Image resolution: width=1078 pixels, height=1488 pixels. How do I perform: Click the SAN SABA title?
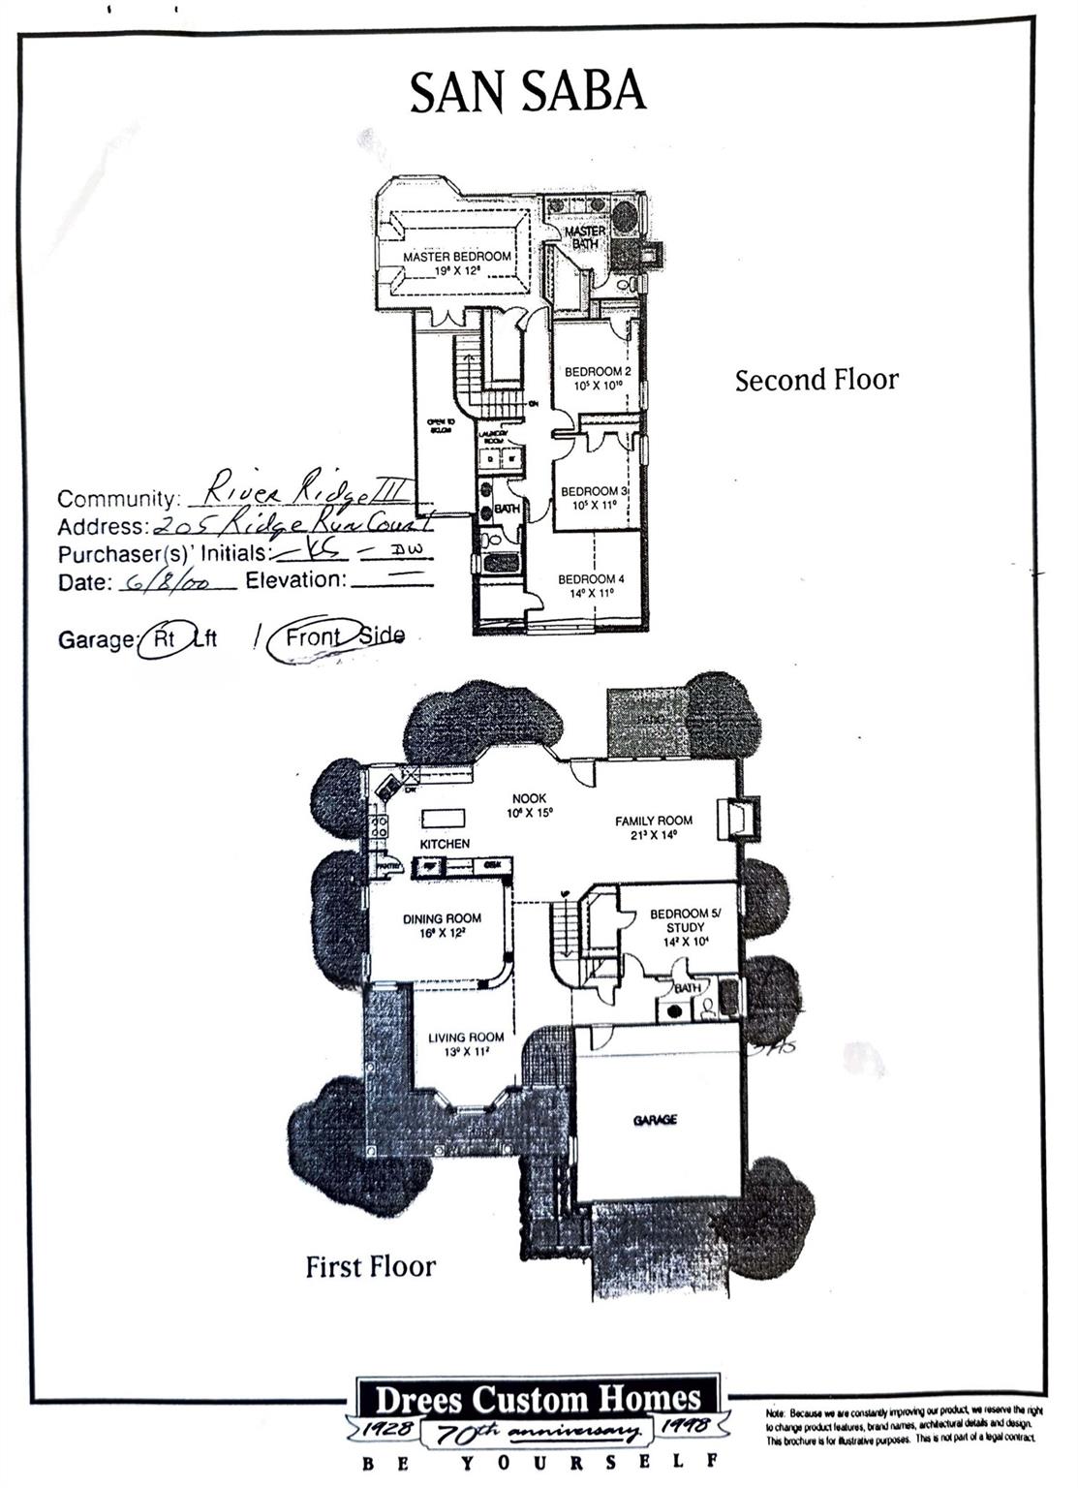(x=527, y=93)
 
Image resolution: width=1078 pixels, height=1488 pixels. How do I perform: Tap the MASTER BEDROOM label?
(x=456, y=257)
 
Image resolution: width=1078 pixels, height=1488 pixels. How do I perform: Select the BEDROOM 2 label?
(x=598, y=372)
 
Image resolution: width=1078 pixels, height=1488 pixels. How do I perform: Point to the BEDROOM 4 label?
(x=591, y=579)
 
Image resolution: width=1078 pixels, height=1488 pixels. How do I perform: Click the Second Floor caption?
(x=816, y=381)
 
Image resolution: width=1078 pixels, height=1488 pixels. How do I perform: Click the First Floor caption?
(x=370, y=1267)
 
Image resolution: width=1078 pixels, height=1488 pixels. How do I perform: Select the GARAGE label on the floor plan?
(x=655, y=1120)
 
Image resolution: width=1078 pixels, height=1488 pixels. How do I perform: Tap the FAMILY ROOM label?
(x=654, y=821)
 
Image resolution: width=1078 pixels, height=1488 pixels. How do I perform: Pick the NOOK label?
(x=530, y=799)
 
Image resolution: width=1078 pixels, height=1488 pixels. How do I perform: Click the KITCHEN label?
(x=445, y=845)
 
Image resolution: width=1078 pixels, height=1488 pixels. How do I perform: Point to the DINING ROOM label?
(x=442, y=918)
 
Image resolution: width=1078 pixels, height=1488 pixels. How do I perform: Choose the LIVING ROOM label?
(x=466, y=1038)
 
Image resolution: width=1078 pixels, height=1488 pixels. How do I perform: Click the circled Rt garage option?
(x=164, y=639)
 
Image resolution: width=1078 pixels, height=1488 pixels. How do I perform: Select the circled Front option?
(x=314, y=637)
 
